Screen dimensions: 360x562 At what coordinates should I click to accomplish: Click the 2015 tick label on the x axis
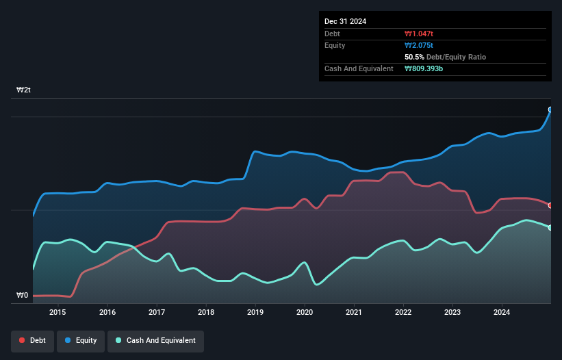point(58,313)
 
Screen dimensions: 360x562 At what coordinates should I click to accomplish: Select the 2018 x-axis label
point(205,313)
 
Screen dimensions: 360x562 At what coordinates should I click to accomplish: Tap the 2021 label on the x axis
point(354,313)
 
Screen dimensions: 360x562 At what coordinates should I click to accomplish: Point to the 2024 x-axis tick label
point(502,313)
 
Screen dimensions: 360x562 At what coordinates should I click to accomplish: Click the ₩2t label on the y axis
point(23,90)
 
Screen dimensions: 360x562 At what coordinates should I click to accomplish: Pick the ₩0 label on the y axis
point(22,296)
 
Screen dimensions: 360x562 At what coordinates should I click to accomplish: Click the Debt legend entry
point(32,340)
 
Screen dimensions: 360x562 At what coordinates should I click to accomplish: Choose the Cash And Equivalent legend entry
point(155,340)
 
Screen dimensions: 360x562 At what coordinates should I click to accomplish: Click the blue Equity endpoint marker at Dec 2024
point(550,110)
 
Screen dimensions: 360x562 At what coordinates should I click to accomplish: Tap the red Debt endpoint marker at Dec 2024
point(550,205)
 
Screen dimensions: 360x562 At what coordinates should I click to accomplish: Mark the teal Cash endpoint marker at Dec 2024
point(550,228)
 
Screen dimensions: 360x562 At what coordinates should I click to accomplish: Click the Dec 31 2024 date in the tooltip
point(345,21)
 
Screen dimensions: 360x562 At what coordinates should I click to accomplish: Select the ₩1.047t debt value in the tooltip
point(419,34)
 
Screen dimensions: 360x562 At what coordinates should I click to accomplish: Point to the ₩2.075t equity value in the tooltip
point(419,45)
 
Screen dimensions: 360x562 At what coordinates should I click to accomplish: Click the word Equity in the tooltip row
point(335,45)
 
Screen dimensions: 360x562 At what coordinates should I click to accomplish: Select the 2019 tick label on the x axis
point(255,313)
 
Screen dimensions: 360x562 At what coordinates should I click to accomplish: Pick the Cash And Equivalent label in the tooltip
point(359,68)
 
